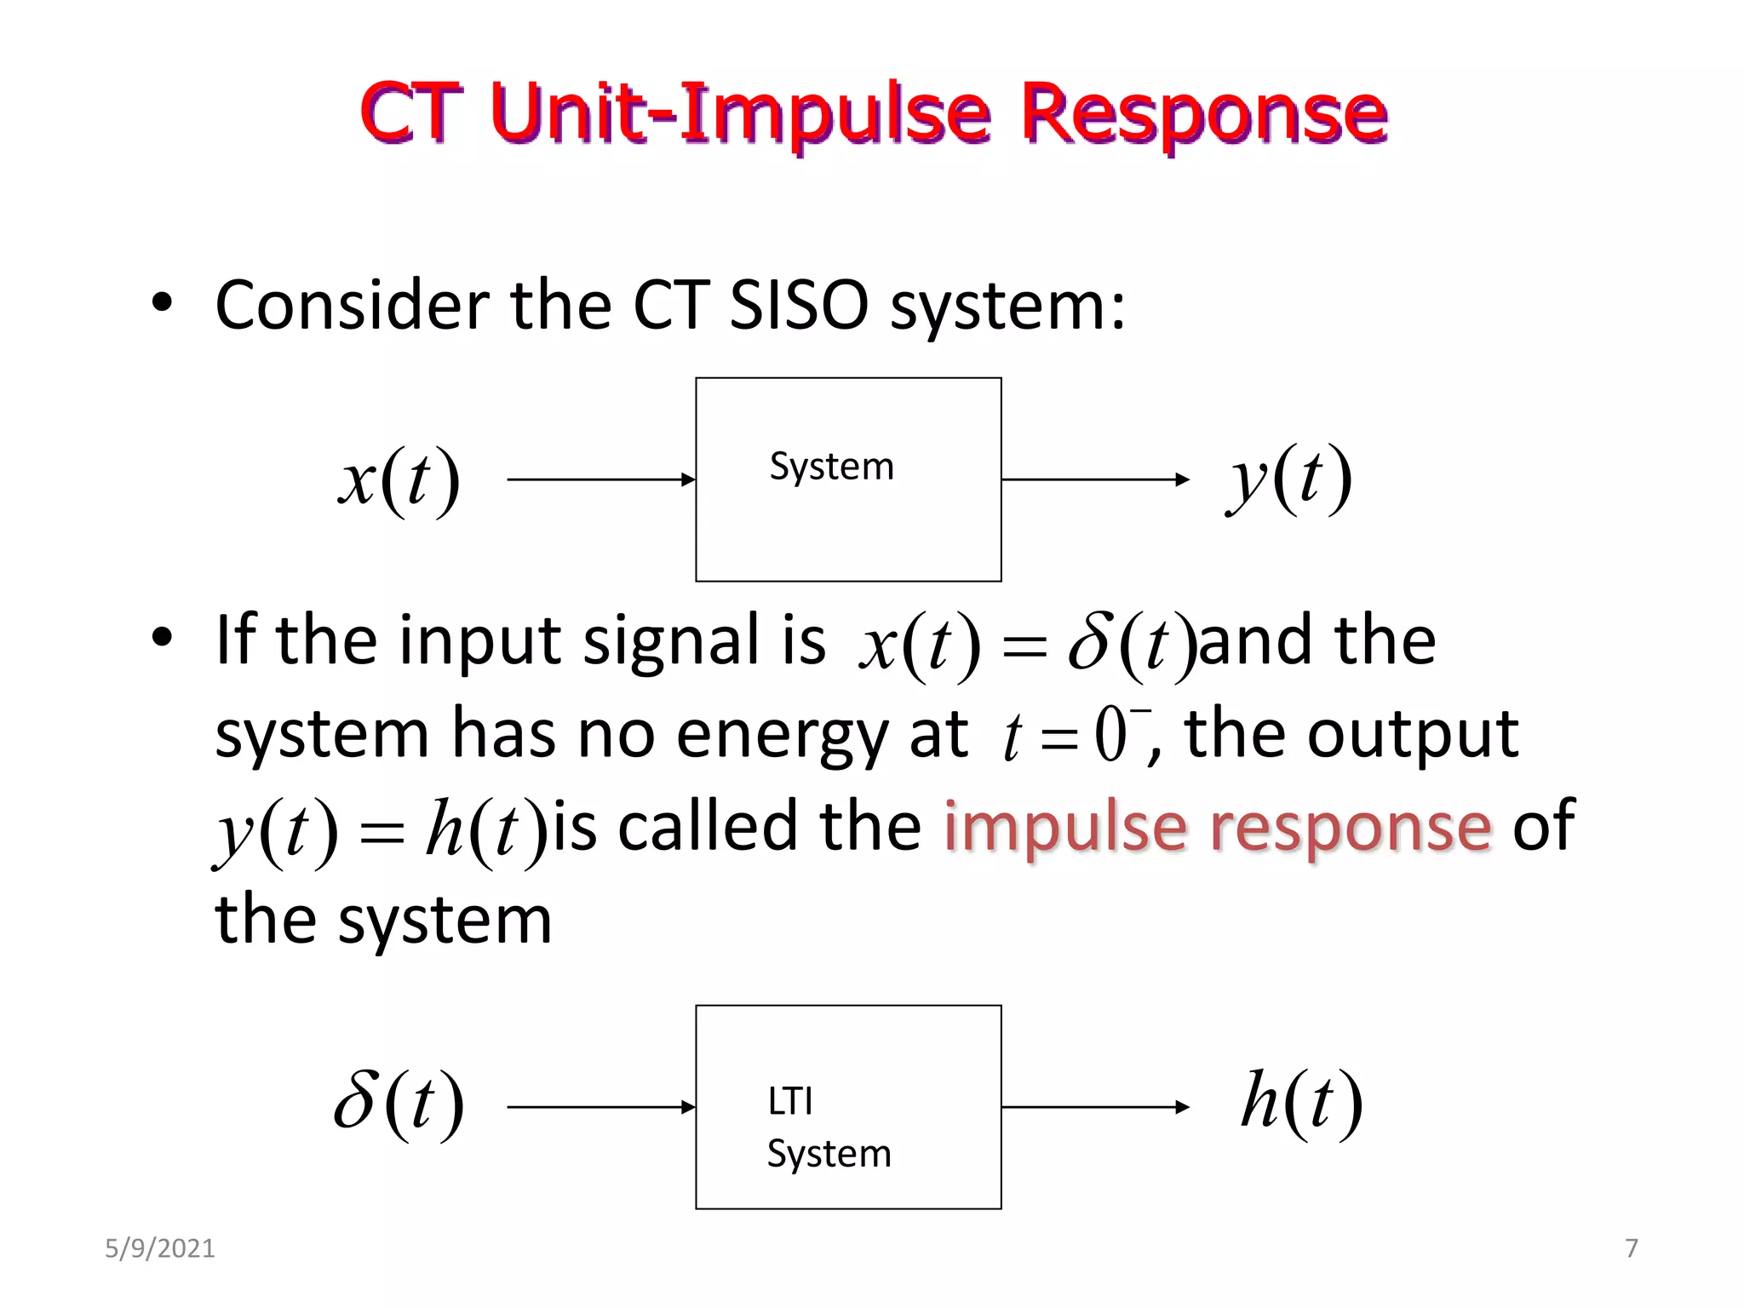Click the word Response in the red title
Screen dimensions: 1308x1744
pos(1204,115)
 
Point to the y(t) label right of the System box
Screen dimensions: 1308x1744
pos(1288,479)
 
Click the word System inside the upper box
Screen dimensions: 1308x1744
pos(831,468)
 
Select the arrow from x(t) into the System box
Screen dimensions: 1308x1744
pos(601,479)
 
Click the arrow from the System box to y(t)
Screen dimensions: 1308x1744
pos(1095,479)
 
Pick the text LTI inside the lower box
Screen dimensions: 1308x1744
pos(789,1102)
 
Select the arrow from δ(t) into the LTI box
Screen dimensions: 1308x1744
pos(601,1107)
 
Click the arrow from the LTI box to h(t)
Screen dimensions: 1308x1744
pos(1095,1107)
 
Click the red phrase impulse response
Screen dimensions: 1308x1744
pos(1218,828)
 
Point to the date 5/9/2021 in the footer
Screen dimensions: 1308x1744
pos(159,1248)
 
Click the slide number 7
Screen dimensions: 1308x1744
pos(1631,1248)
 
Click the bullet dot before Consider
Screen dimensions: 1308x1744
pos(162,303)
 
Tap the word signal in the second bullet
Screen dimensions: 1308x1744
pos(671,641)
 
